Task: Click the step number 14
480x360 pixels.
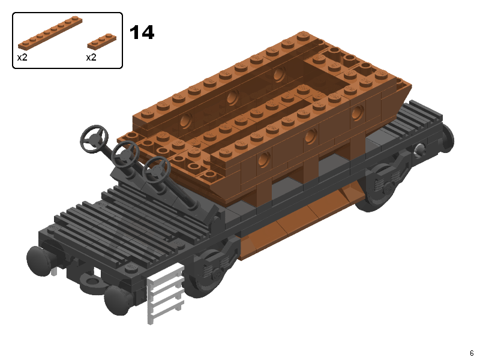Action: [142, 32]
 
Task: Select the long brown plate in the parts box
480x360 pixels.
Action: [50, 33]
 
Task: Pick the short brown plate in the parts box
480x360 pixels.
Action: [101, 41]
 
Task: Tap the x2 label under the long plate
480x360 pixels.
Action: [22, 57]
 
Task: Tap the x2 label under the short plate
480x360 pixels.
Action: [91, 57]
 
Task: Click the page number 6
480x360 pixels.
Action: [472, 353]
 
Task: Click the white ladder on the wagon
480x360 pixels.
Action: [166, 294]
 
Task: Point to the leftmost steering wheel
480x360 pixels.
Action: [94, 139]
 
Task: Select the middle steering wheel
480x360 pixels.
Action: [125, 154]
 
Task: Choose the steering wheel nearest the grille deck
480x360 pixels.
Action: [156, 170]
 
